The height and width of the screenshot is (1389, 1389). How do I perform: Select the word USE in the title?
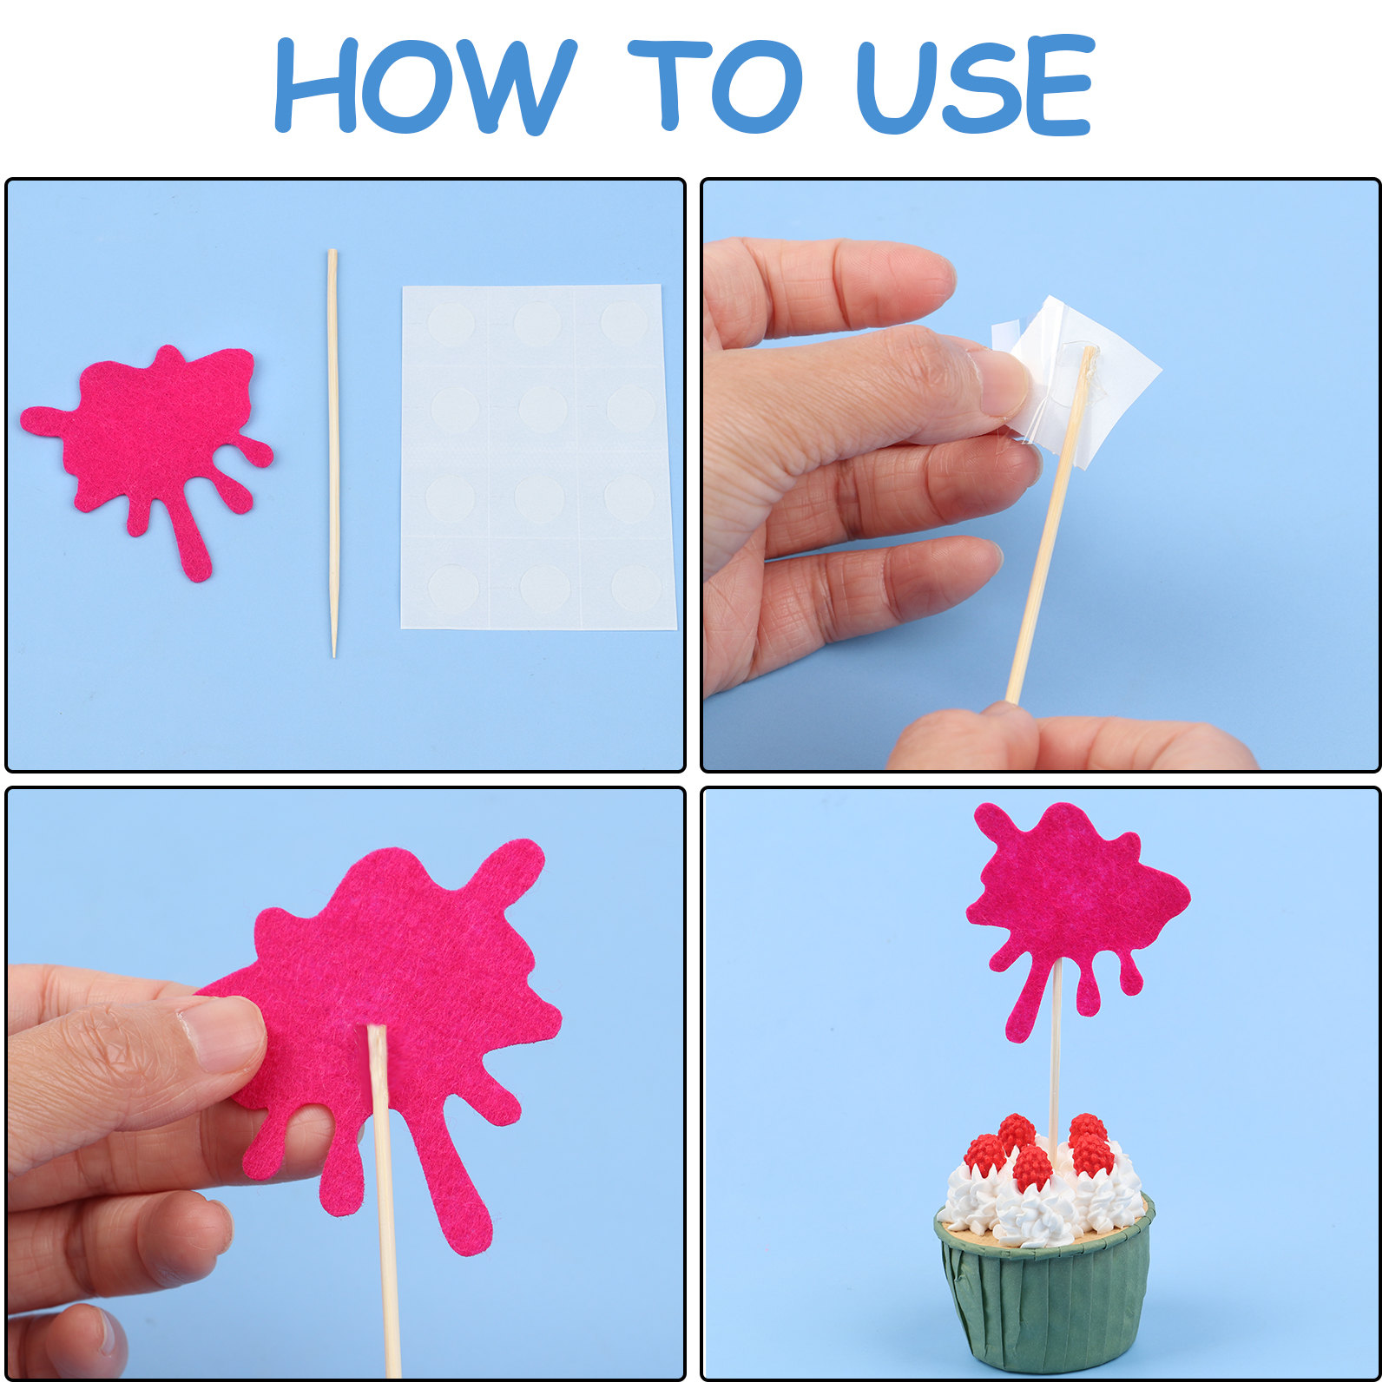[975, 84]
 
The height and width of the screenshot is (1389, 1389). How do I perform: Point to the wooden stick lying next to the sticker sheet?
[332, 453]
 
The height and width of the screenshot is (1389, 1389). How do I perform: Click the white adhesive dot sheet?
[538, 457]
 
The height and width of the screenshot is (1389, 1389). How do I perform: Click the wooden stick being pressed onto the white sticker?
[1048, 526]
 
